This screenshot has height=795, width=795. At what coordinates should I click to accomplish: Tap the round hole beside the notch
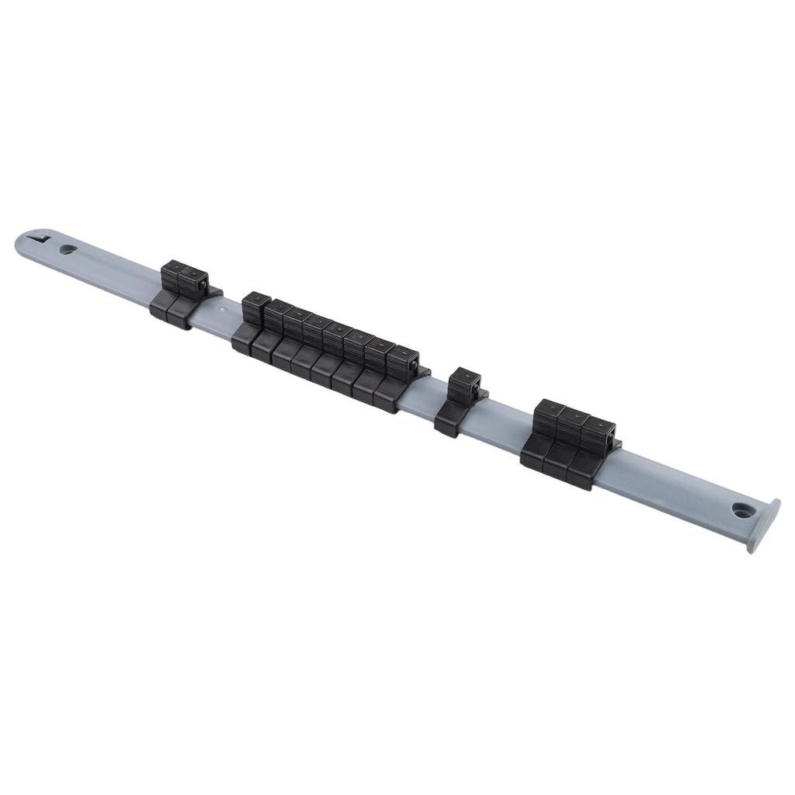(68, 250)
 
